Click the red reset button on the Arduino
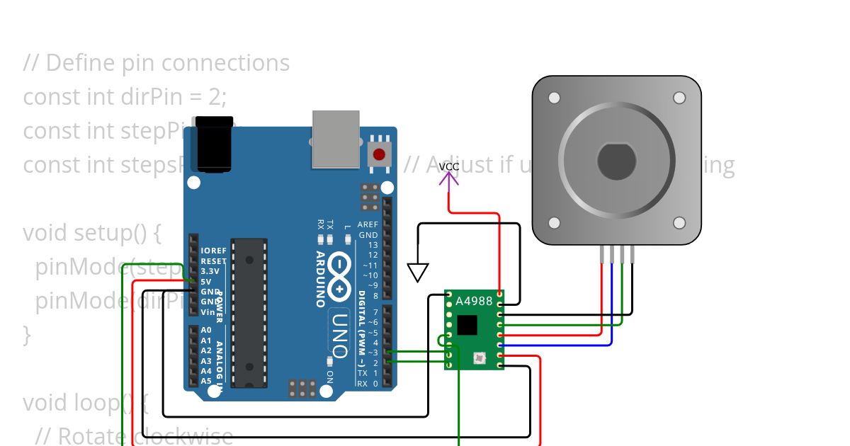tap(379, 154)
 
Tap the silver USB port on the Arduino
tap(336, 139)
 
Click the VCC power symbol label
tap(448, 166)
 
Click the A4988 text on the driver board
tap(473, 302)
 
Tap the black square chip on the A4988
tap(467, 325)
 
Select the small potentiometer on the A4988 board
tap(480, 358)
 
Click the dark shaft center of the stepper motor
tap(616, 161)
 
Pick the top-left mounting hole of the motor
tap(554, 98)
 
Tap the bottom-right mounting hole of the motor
tap(679, 223)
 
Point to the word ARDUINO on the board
tap(320, 279)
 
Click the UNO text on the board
tap(339, 333)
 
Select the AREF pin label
tap(368, 224)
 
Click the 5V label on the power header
tap(206, 281)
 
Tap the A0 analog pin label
tap(206, 330)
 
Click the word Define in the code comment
tap(78, 63)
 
